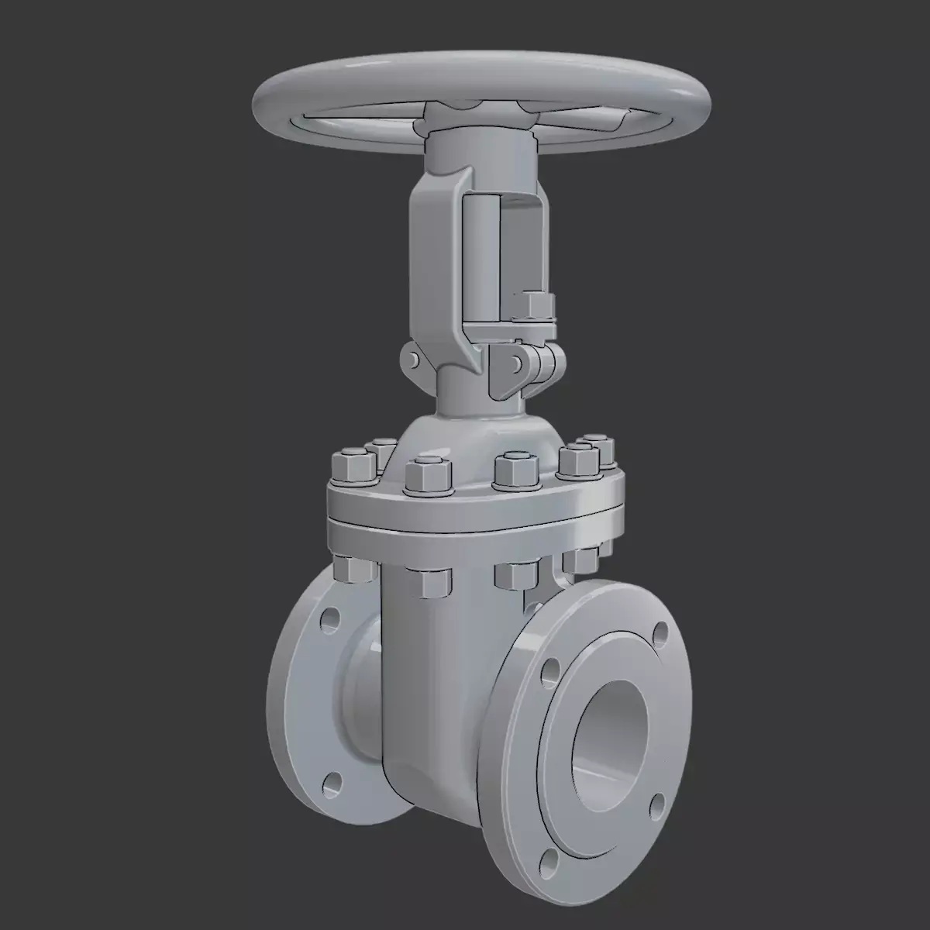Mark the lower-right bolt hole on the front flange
click(x=658, y=803)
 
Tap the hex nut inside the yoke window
click(x=533, y=306)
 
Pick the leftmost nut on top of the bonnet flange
click(x=353, y=466)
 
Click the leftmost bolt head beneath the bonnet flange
click(x=353, y=567)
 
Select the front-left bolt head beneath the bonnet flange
click(x=426, y=581)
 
